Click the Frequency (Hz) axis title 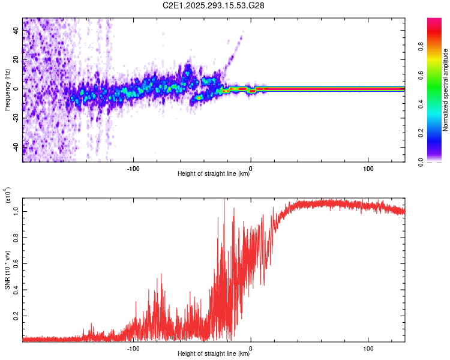click(7, 90)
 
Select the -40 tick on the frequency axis click(16, 148)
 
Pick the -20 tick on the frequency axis click(16, 118)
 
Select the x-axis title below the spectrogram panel click(214, 174)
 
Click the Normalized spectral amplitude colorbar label click(446, 90)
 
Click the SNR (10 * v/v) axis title click(7, 268)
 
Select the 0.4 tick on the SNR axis click(16, 289)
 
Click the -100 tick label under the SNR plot click(133, 347)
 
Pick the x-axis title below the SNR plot click(214, 354)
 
